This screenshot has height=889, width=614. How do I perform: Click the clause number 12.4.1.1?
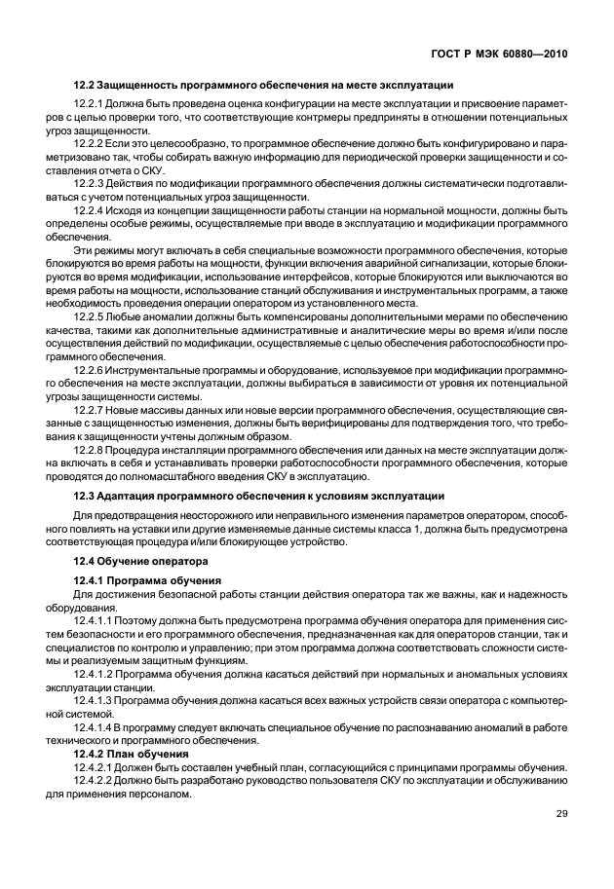pyautogui.click(x=97, y=618)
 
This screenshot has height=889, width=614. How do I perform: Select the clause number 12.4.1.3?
pyautogui.click(x=97, y=699)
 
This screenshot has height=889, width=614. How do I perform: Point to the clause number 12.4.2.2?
pyautogui.click(x=97, y=781)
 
